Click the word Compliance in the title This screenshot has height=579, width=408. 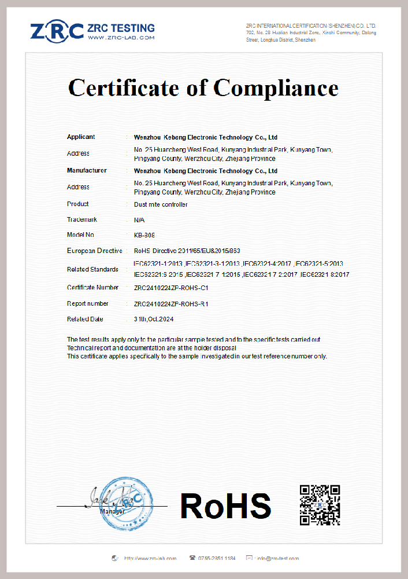click(276, 88)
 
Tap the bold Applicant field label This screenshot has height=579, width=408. click(81, 137)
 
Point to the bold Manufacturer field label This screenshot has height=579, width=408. click(87, 171)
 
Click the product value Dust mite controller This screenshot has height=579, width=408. click(161, 204)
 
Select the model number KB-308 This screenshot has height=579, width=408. click(144, 235)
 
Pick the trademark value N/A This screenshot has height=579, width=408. click(139, 220)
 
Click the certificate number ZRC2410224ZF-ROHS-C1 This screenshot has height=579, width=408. click(171, 288)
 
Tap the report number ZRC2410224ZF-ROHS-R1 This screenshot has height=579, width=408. click(171, 303)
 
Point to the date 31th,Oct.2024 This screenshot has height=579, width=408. click(154, 319)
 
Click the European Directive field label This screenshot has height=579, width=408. click(94, 251)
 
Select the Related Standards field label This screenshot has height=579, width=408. click(93, 269)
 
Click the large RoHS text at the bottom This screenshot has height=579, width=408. click(225, 505)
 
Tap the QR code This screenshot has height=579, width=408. click(320, 505)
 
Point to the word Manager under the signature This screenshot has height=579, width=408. click(112, 512)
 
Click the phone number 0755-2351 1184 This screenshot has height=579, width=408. click(217, 558)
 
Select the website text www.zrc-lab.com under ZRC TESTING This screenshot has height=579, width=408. click(121, 38)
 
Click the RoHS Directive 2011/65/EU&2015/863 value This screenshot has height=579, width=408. click(187, 251)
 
